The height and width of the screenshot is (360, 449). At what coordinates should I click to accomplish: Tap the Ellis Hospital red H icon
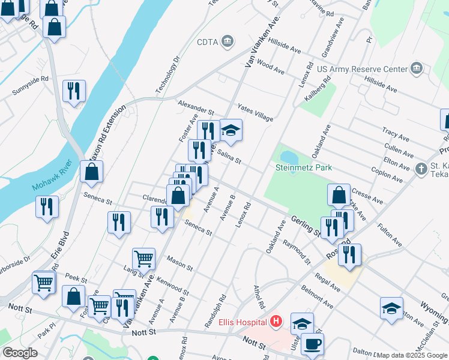[276, 322]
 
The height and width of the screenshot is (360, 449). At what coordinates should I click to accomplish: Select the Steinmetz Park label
[304, 168]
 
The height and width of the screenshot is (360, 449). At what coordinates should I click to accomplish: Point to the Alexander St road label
[196, 107]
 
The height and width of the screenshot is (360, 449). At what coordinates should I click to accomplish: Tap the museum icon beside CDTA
[228, 41]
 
